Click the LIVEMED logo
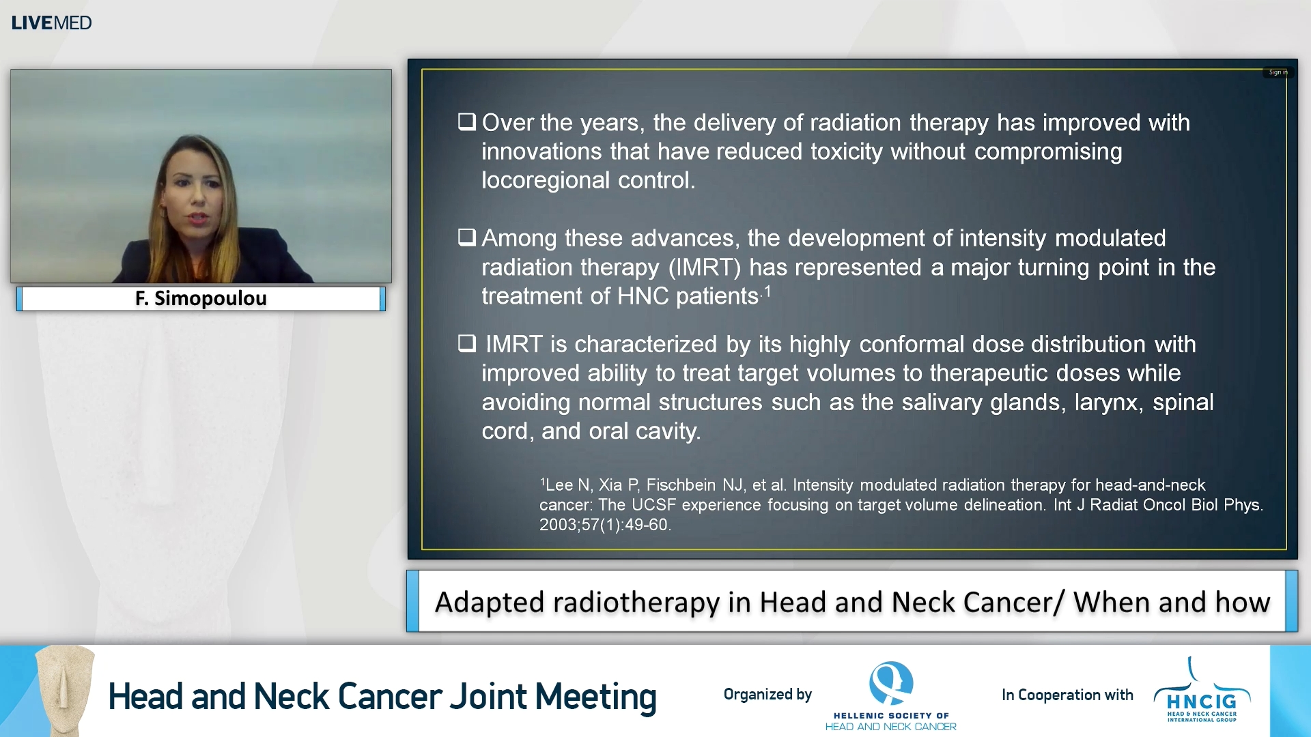(51, 23)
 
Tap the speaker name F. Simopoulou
(201, 298)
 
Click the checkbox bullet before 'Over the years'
(467, 122)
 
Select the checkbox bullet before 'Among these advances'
(467, 237)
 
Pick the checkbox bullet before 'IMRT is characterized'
(467, 343)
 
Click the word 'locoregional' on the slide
(546, 180)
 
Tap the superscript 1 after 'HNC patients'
(767, 291)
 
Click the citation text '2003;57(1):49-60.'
(605, 525)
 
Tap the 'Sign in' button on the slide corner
(1278, 72)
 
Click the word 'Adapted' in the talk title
(489, 602)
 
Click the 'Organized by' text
(767, 695)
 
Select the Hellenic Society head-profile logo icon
(891, 683)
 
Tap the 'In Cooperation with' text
(1067, 695)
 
